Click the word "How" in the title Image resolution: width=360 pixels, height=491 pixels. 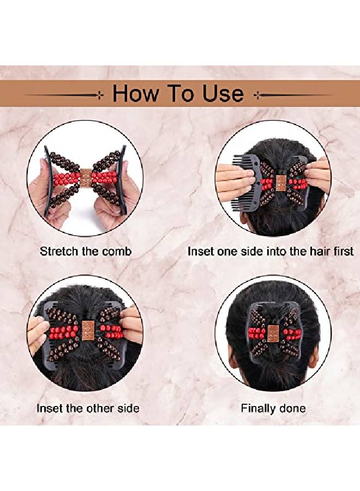pos(134,94)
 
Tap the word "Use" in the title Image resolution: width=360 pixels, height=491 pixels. pos(222,94)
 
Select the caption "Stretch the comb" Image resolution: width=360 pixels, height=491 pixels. pos(86,252)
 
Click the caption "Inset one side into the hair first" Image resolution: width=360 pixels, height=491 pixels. pos(271,252)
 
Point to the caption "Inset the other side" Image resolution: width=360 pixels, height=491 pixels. pos(88,408)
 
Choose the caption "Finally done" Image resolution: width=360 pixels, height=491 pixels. pos(273,408)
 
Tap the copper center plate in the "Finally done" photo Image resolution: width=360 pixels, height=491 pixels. pos(272,333)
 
